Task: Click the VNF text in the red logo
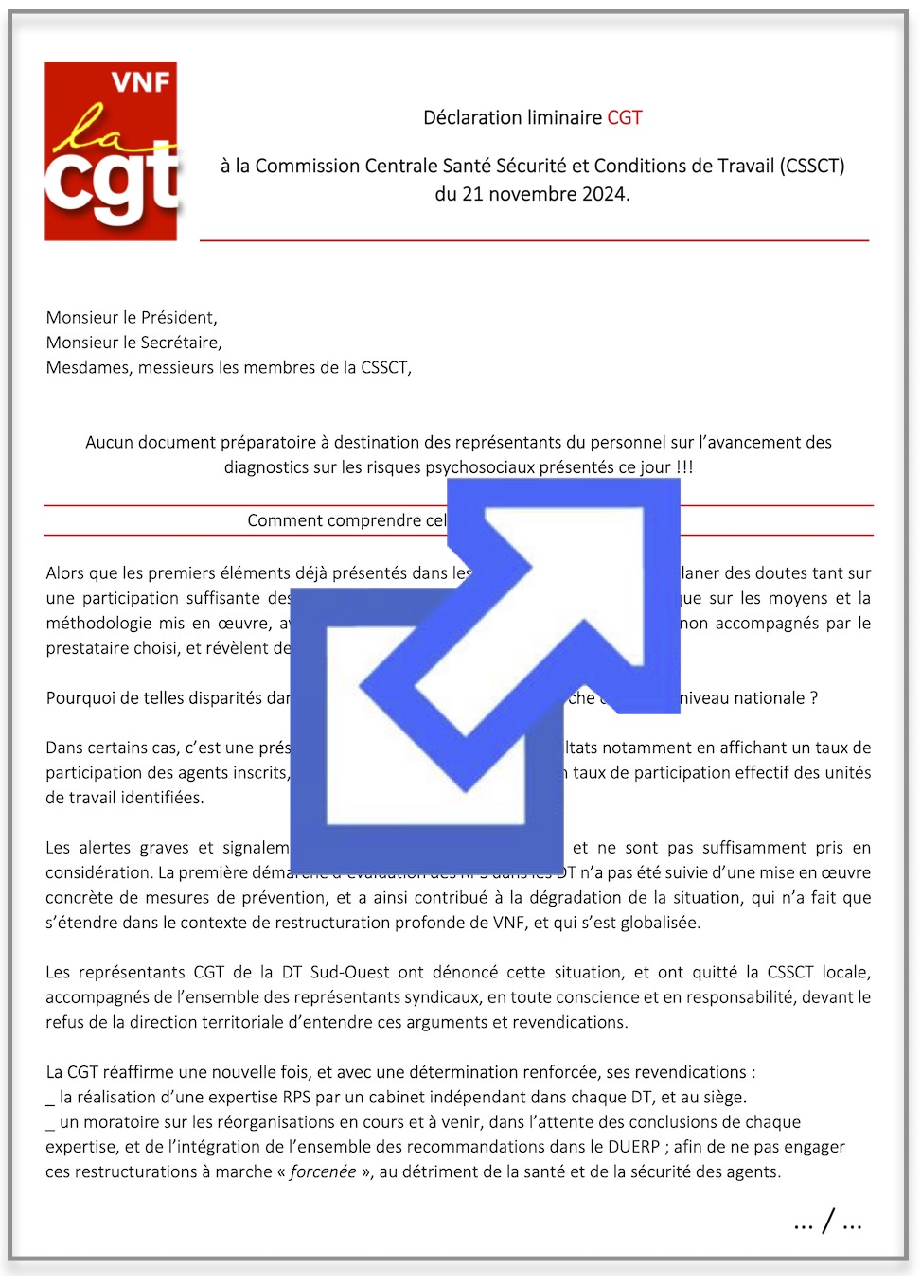140,82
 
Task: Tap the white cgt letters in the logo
111,183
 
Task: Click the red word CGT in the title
625,118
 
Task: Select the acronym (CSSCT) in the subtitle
812,167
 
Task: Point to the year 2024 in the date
603,195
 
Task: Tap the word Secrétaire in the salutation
180,343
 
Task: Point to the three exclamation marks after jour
684,467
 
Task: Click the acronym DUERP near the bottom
633,1147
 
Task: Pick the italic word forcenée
323,1172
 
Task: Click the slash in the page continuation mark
828,1222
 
